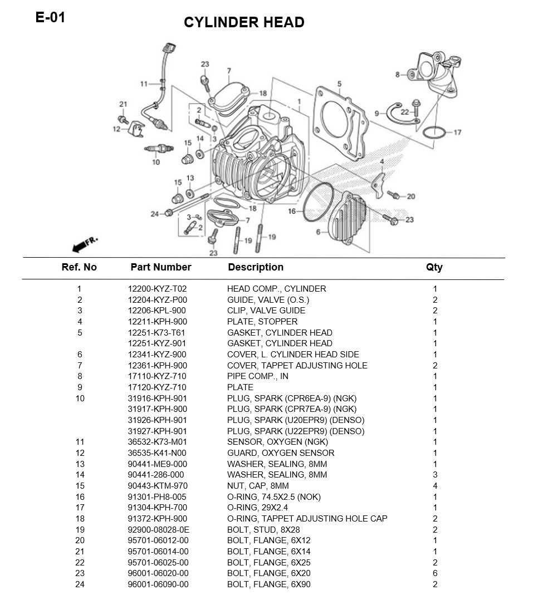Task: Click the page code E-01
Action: coord(50,17)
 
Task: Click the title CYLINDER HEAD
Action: coord(244,23)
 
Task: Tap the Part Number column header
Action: coord(160,267)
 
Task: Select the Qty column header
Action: coord(434,267)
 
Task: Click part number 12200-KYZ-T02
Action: coord(157,289)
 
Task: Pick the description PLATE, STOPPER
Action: coord(262,322)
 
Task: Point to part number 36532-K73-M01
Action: coord(157,442)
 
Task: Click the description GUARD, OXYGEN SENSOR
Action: coord(281,453)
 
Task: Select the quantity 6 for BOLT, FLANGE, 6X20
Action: coord(435,573)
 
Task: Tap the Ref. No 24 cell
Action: coord(79,584)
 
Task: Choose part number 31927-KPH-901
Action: coord(157,431)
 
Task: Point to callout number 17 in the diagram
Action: coord(457,132)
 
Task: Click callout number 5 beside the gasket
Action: coord(339,84)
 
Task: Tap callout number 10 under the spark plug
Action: coord(156,162)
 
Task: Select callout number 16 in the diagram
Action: coord(292,212)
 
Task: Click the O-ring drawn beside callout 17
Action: coord(434,133)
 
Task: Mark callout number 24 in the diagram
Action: coord(154,214)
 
